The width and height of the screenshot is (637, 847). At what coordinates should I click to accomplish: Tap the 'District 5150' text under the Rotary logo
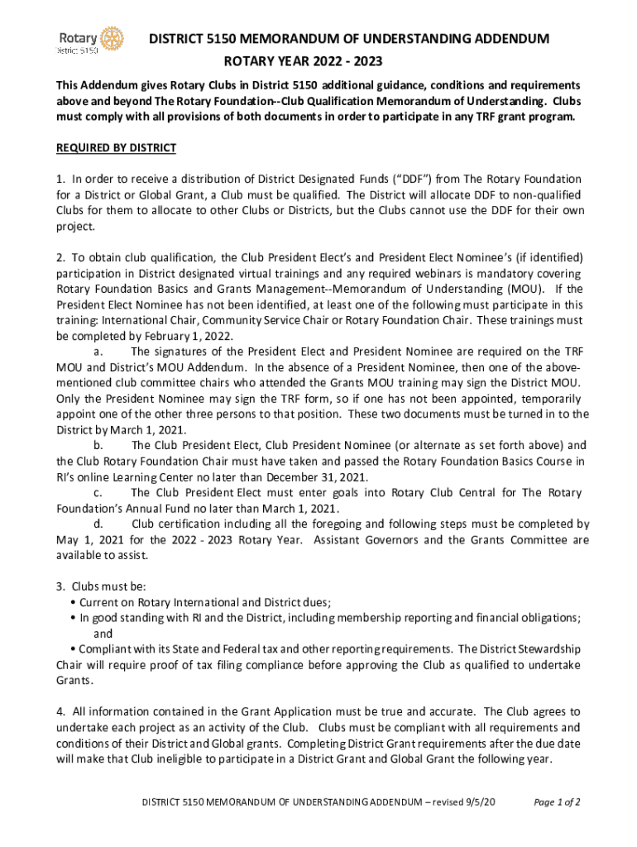[77, 50]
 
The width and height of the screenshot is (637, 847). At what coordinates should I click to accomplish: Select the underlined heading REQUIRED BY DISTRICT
[116, 148]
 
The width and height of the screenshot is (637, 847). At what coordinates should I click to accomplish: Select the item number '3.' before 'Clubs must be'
[60, 586]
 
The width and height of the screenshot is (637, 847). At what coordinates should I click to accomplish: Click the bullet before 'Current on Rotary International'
[74, 602]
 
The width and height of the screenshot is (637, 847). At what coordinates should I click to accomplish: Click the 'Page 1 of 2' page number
[557, 802]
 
